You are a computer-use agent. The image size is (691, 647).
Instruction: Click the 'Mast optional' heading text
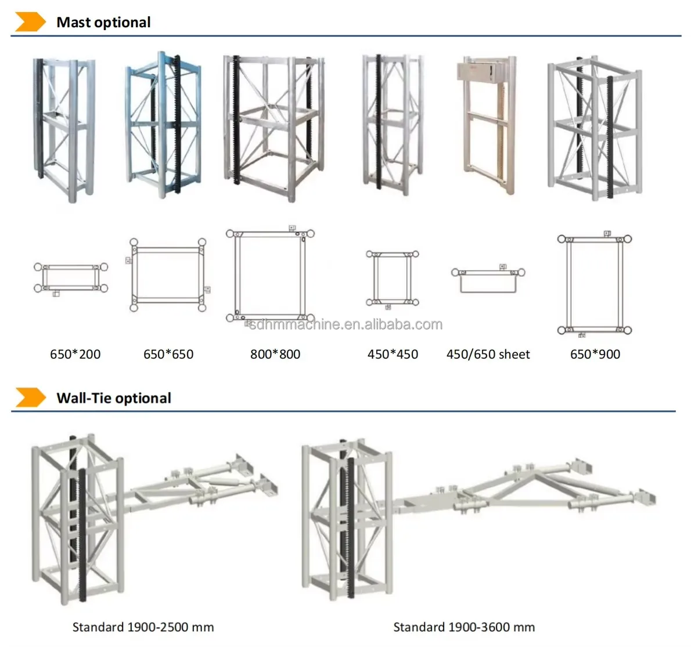103,23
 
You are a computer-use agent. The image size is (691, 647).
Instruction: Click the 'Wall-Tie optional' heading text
114,398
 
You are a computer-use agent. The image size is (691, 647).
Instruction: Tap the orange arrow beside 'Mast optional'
30,22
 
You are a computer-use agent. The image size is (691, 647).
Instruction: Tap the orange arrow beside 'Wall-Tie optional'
30,397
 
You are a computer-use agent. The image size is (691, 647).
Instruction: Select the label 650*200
75,354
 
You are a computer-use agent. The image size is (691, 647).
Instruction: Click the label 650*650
168,354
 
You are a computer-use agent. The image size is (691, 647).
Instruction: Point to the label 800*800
275,354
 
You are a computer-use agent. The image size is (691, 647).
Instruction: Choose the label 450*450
393,354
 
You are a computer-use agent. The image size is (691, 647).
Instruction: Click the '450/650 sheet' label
488,354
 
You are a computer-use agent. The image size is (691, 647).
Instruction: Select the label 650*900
595,354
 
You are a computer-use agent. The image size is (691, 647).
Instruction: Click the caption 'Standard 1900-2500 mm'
143,627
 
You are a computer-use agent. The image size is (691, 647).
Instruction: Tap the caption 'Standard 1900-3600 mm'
464,627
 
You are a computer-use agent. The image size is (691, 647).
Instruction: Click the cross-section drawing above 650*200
71,278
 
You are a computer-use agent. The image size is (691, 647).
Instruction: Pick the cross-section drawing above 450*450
393,278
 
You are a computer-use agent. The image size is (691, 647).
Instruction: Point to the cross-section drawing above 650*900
595,284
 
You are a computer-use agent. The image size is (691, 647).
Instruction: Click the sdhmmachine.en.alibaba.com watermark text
345,324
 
